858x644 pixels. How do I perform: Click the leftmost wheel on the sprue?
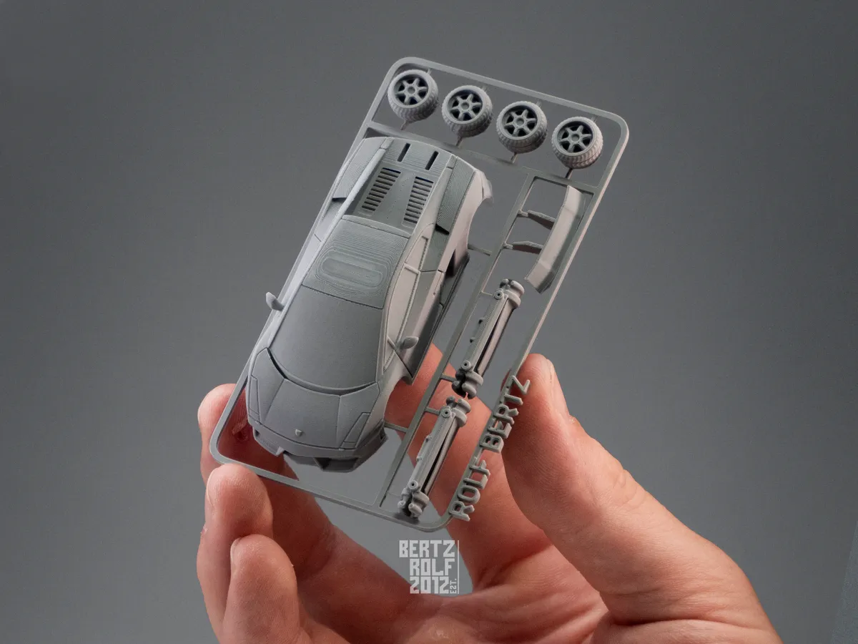tap(410, 93)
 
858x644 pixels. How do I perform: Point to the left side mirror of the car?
tap(274, 301)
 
